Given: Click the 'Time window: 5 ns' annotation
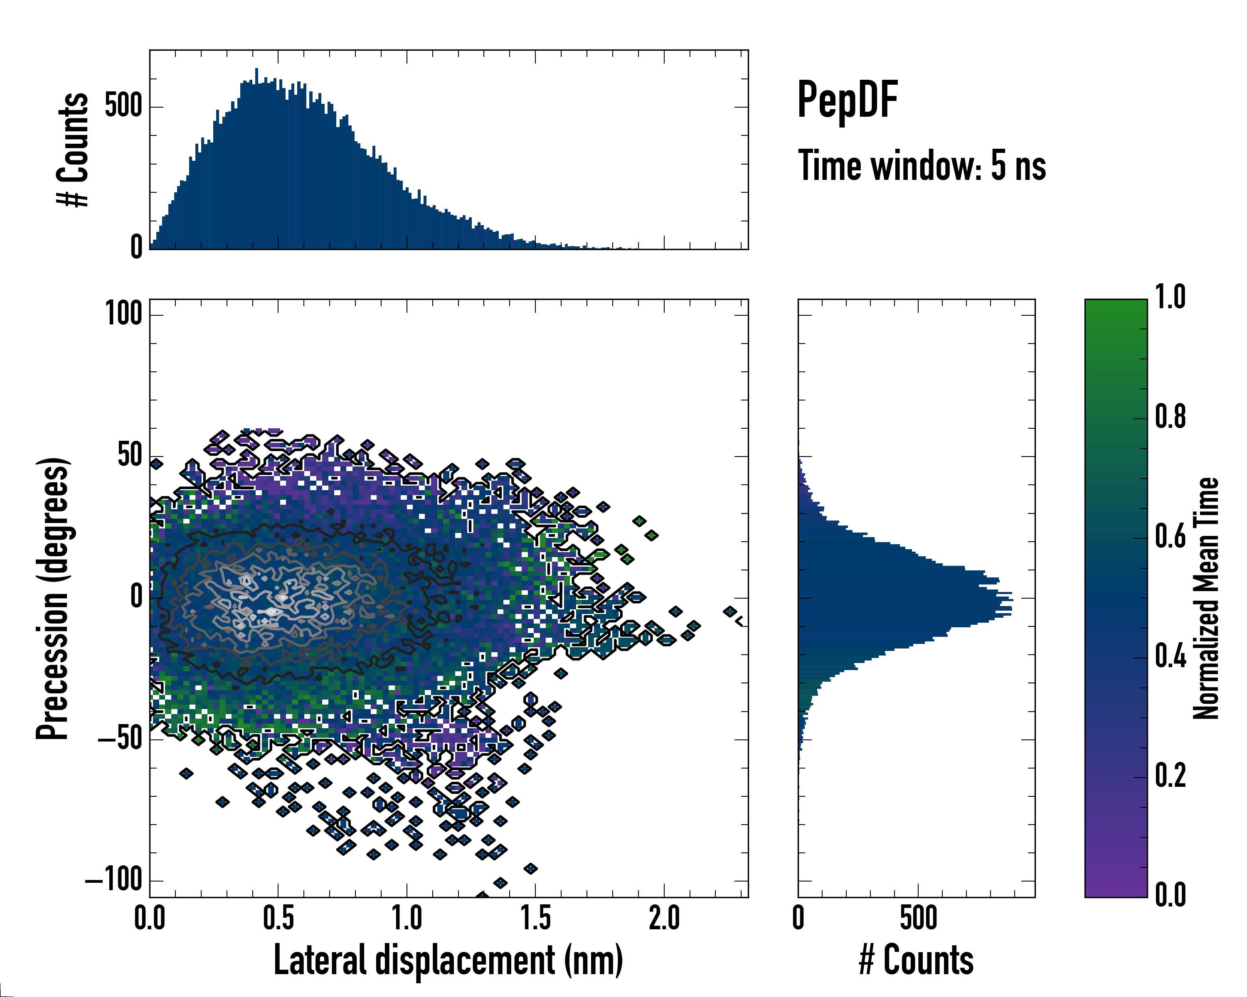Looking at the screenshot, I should point(922,166).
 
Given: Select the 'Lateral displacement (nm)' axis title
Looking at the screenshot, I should point(448,960).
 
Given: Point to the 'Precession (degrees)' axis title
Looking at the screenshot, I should point(53,598).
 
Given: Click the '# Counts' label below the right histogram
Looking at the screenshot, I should point(916,960).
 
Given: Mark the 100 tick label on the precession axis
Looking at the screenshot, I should point(123,314).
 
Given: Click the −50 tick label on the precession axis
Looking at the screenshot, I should point(120,739).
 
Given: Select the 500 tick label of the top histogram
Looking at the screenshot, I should point(123,106).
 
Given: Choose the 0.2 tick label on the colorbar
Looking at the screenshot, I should point(1170,776).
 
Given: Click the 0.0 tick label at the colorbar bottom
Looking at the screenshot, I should point(1170,895).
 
